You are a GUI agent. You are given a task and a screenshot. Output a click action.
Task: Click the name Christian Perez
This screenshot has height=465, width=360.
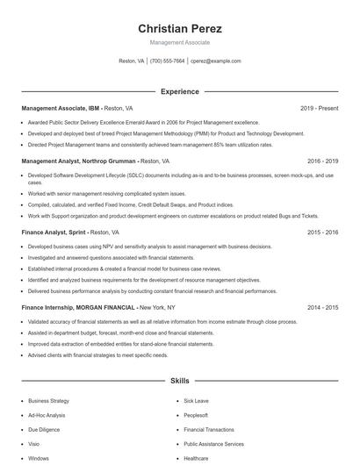(179, 28)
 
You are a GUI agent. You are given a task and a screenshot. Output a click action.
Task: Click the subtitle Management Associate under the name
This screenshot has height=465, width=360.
(179, 42)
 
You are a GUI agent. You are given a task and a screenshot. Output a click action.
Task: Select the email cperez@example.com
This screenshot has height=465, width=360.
(216, 61)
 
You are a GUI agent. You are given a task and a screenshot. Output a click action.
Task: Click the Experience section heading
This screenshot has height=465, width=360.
(179, 91)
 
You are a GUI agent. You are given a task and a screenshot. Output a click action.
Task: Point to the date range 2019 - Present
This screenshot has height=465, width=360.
(319, 108)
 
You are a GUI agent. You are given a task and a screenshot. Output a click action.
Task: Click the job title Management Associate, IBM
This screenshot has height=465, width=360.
(61, 108)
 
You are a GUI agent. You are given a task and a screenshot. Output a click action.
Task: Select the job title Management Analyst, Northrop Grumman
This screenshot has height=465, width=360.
(78, 161)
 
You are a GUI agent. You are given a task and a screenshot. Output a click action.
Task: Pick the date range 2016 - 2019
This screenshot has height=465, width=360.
(322, 161)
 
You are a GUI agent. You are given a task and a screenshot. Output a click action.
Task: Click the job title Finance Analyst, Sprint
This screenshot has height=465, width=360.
(54, 232)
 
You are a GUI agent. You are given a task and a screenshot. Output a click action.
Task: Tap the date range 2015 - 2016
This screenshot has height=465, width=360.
(322, 232)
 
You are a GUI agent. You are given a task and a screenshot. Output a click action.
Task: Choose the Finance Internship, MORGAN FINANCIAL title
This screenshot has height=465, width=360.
(78, 308)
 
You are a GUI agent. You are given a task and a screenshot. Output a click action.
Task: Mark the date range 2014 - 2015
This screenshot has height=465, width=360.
(322, 308)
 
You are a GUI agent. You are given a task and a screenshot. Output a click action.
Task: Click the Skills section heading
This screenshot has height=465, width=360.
(179, 382)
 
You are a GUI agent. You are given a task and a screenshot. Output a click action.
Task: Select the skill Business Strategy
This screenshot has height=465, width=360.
(48, 401)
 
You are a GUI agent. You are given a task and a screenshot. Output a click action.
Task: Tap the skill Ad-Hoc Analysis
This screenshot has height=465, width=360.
(47, 415)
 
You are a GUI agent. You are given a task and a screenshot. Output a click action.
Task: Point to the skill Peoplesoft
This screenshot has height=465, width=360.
(196, 415)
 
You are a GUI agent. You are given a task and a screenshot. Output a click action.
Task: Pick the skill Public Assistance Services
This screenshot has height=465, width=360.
(213, 444)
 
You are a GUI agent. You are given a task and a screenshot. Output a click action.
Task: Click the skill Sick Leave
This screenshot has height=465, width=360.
(196, 401)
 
